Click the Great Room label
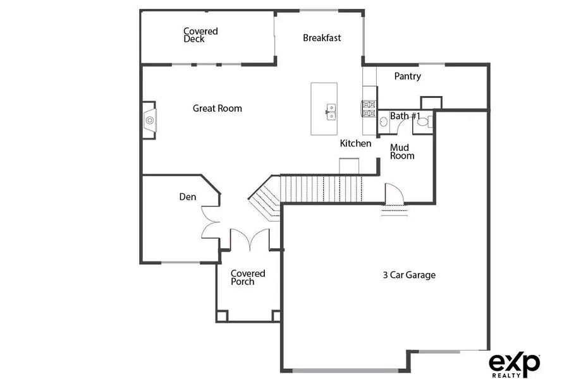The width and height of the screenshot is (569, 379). click(217, 109)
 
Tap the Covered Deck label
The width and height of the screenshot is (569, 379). click(200, 35)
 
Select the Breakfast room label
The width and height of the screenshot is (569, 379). click(322, 38)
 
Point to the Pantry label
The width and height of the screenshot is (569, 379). click(407, 76)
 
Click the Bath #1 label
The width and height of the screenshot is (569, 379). click(405, 116)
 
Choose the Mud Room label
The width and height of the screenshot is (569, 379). click(402, 152)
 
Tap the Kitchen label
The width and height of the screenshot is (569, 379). click(355, 143)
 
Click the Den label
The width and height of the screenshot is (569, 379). click(187, 197)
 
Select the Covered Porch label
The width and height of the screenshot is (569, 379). click(247, 277)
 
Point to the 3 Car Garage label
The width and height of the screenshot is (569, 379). click(409, 275)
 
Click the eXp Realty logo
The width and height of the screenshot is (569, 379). click(514, 364)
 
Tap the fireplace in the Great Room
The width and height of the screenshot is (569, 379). click(150, 118)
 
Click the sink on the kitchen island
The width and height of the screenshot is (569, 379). click(329, 111)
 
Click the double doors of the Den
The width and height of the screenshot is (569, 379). click(209, 227)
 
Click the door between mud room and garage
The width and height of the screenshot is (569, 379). click(392, 193)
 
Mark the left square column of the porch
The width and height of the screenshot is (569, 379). click(221, 316)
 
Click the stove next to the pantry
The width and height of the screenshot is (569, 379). click(369, 109)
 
